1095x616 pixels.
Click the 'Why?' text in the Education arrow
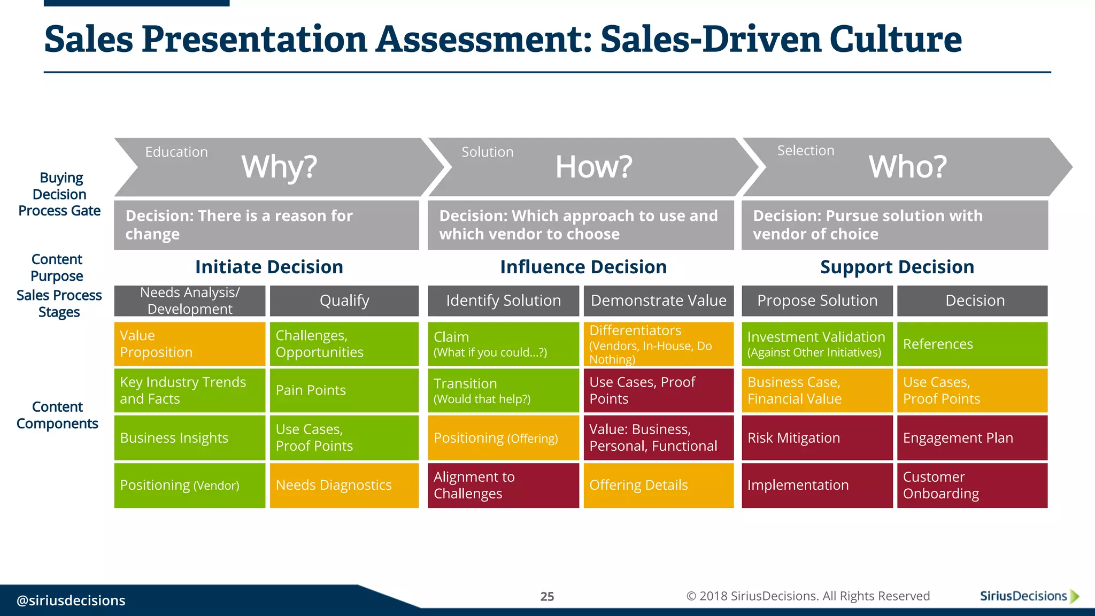[279, 167]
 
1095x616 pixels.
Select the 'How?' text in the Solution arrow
[593, 167]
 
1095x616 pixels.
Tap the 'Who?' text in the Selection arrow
[907, 167]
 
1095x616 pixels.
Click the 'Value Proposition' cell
[190, 344]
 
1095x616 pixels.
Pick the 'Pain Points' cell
[344, 390]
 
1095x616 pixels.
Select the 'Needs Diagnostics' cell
[344, 485]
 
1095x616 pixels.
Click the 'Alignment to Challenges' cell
[503, 485]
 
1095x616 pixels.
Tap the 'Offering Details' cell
[659, 485]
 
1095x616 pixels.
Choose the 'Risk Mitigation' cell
[817, 438]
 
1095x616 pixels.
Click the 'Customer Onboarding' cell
[972, 485]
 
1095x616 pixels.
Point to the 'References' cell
[972, 344]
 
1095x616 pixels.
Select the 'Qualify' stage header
[344, 301]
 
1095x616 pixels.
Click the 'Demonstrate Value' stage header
[659, 301]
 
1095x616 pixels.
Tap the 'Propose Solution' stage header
[817, 301]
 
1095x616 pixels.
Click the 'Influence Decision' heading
[583, 267]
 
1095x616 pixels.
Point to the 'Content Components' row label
[57, 415]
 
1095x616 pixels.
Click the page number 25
[547, 596]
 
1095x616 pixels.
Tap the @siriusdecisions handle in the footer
[71, 600]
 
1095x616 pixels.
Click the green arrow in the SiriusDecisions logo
[1075, 596]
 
